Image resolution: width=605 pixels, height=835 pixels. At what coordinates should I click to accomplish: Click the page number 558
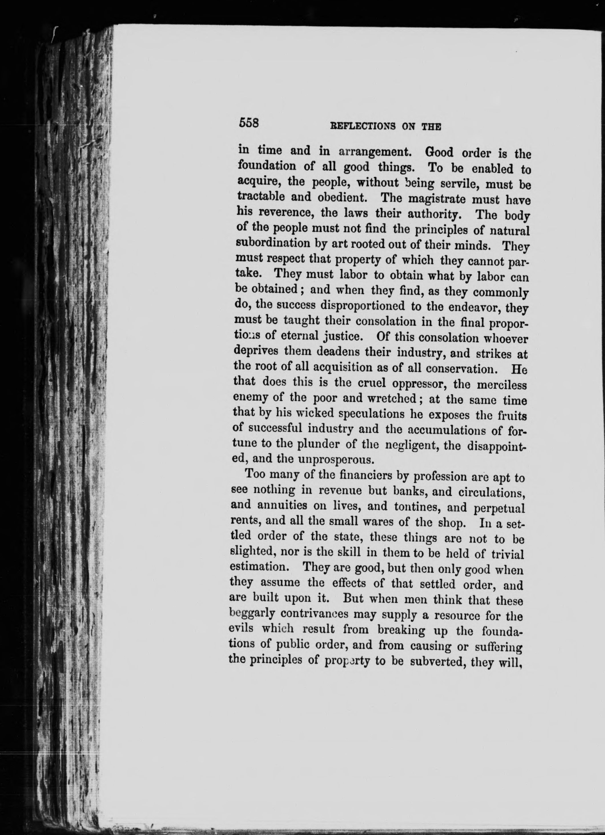[249, 122]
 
